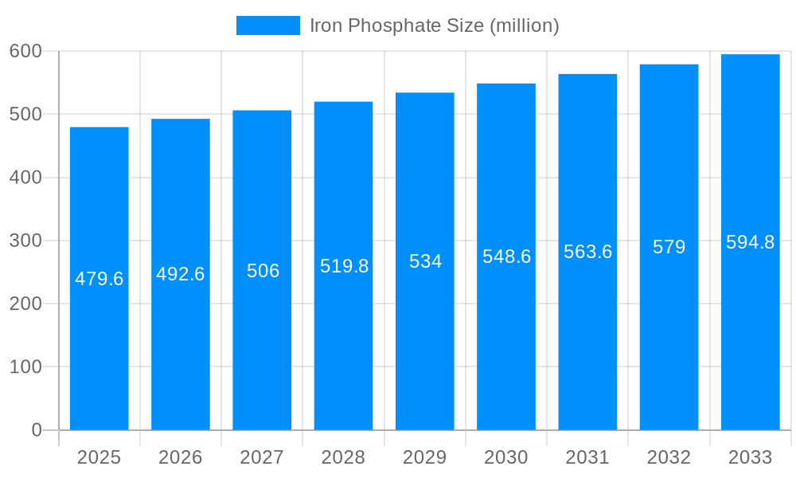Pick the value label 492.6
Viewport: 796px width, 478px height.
181,274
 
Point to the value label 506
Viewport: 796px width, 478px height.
263,271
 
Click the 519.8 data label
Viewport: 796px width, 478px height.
344,266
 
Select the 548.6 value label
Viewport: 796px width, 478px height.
506,257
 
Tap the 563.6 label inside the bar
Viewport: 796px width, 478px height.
587,252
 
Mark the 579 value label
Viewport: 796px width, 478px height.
669,247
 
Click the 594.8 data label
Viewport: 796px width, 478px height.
751,242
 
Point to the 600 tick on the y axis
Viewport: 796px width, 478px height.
25,51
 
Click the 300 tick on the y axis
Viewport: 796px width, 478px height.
25,241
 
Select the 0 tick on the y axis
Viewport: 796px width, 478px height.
37,430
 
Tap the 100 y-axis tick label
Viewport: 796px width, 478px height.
25,367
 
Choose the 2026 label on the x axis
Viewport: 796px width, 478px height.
181,457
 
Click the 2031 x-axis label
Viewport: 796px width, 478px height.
587,457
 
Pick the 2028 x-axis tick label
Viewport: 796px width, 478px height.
343,457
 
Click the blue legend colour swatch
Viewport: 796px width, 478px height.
268,25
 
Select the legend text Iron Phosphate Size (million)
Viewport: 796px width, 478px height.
434,25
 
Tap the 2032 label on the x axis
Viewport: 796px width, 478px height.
669,457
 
